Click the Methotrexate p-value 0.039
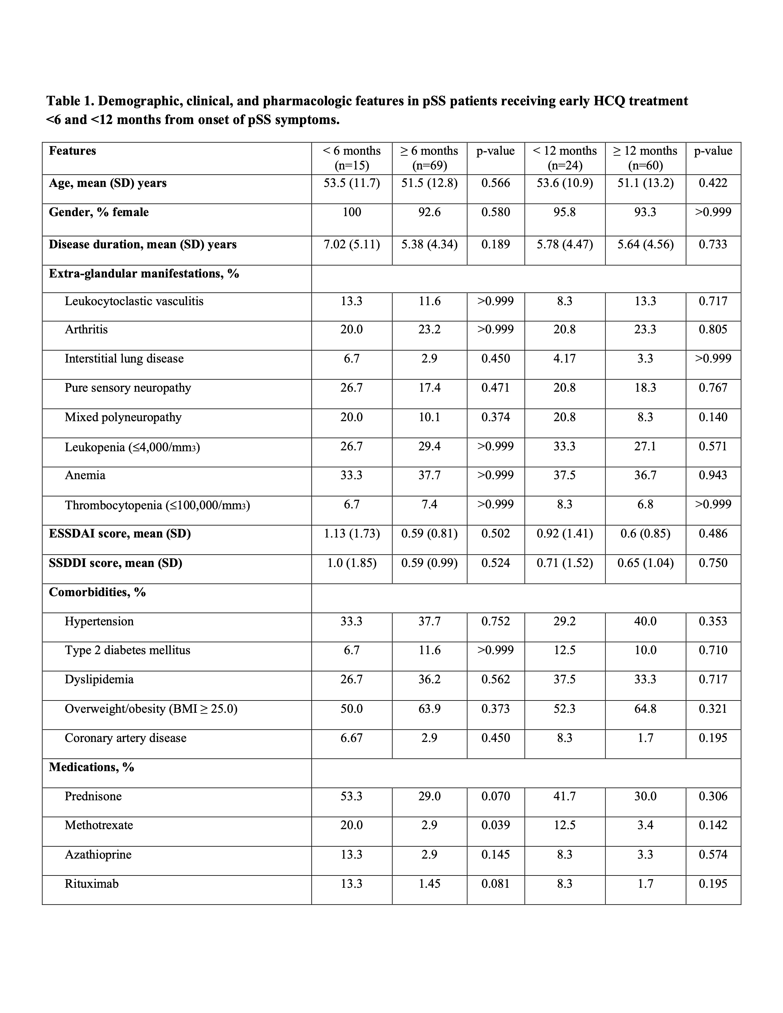pyautogui.click(x=495, y=825)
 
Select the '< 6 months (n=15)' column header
pyautogui.click(x=352, y=158)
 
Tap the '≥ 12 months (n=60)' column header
pyautogui.click(x=645, y=158)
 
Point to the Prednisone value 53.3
pyautogui.click(x=352, y=796)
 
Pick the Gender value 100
pyautogui.click(x=352, y=212)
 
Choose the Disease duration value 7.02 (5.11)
pyautogui.click(x=352, y=244)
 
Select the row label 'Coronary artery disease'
pyautogui.click(x=125, y=738)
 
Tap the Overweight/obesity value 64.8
pyautogui.click(x=645, y=709)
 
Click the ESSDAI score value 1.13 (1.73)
pyautogui.click(x=352, y=534)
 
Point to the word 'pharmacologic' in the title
pyautogui.click(x=314, y=101)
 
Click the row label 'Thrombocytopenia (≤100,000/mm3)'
pyautogui.click(x=157, y=505)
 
